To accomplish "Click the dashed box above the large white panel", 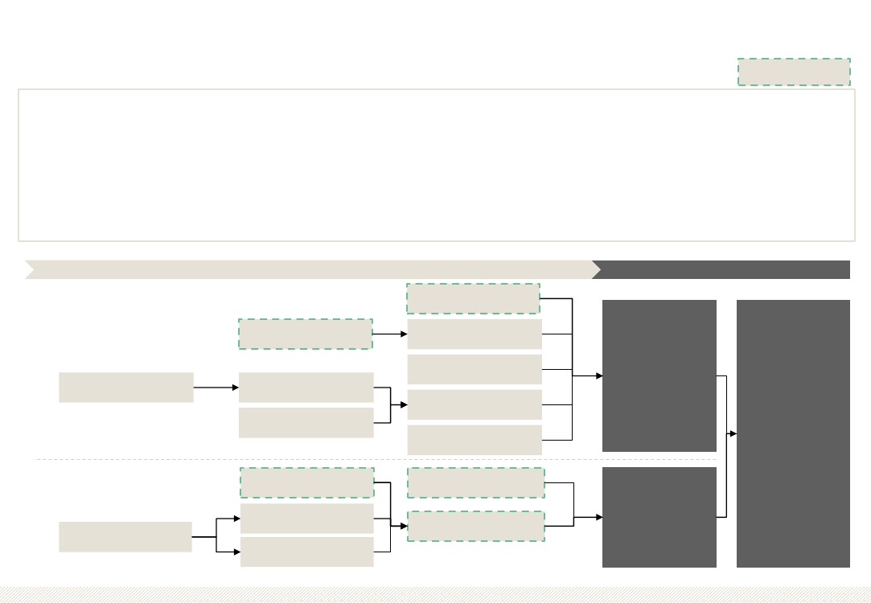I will tap(794, 72).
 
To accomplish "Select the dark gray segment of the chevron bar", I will tap(724, 269).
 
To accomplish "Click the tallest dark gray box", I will tap(793, 433).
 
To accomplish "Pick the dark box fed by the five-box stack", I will tap(659, 375).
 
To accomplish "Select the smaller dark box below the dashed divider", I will tap(659, 517).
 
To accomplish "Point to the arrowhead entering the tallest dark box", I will tap(733, 433).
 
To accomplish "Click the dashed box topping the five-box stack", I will tap(473, 298).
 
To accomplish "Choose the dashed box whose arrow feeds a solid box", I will tap(306, 334).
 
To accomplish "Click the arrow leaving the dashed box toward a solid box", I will tap(389, 334).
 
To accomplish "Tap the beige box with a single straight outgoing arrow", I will tap(125, 387).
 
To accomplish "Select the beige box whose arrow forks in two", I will tap(125, 537).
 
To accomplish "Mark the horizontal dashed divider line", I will tap(322, 460).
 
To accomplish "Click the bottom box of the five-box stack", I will tap(475, 440).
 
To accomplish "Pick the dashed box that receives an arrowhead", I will tap(475, 526).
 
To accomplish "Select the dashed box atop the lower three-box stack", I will tap(306, 482).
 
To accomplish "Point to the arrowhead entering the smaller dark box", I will tap(598, 517).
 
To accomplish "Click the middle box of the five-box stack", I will tap(475, 369).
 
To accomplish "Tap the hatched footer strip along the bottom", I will tap(435, 595).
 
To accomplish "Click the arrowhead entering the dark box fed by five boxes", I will tap(598, 375).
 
